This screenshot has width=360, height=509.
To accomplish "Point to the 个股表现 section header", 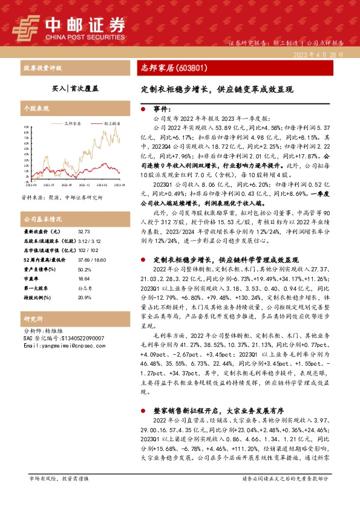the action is [x=36, y=109].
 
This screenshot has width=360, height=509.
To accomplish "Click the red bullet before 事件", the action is [x=143, y=110].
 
